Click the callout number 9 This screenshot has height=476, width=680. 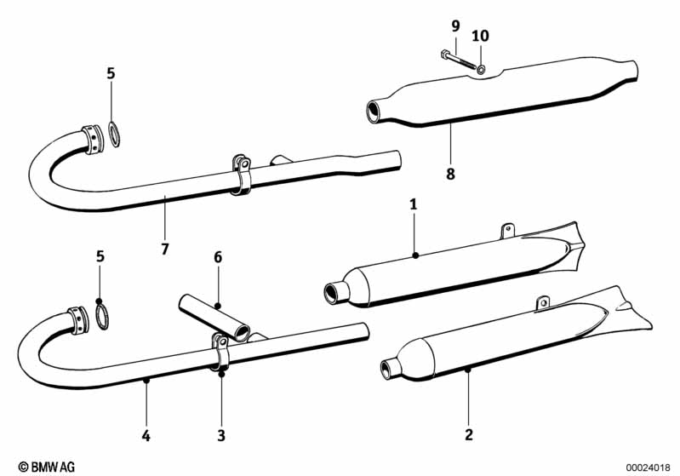[455, 26]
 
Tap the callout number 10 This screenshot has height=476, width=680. [481, 36]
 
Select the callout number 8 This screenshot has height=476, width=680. [450, 174]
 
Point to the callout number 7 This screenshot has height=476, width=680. [165, 249]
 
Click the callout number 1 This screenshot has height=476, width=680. [414, 204]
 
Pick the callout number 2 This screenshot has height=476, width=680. [469, 434]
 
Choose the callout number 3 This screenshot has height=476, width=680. [221, 435]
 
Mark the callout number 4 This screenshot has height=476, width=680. [146, 435]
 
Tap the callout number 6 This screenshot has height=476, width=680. [218, 257]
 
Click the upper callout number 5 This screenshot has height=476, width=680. [111, 74]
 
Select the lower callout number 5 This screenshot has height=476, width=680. [100, 256]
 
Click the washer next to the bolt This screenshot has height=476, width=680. [481, 69]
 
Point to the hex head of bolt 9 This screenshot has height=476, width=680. [444, 54]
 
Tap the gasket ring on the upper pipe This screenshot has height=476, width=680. [114, 134]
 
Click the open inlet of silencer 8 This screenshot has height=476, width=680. [373, 111]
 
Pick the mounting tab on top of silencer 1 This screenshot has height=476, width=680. [507, 231]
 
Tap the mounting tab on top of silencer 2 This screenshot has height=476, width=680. [542, 304]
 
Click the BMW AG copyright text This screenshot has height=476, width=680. [47, 467]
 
